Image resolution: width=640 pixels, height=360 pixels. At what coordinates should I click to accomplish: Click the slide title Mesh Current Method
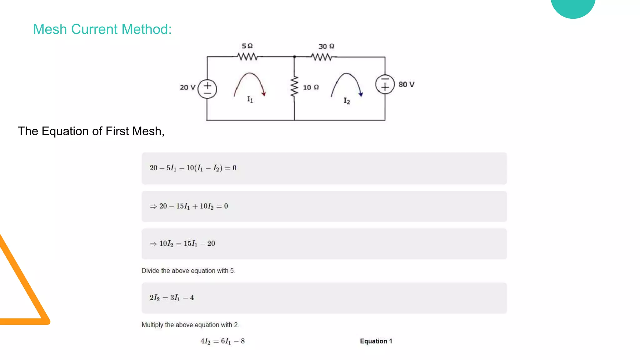tap(102, 29)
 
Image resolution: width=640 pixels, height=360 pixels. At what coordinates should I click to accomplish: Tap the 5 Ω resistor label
tap(247, 46)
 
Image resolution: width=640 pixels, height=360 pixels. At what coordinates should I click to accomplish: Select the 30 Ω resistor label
tap(326, 47)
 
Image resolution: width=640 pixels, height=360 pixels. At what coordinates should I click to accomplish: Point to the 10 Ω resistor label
tap(311, 87)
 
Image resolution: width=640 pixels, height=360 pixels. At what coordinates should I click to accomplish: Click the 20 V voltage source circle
tap(207, 89)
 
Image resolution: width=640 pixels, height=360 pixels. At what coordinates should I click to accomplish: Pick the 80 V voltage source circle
tap(385, 84)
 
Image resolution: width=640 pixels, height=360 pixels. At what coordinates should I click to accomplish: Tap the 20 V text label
tap(187, 87)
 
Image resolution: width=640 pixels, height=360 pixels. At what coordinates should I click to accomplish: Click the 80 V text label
tap(406, 85)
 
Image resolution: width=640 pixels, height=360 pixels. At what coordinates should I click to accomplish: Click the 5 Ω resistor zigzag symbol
tap(247, 57)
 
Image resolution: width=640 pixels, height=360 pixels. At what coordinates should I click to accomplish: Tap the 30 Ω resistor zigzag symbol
tap(321, 57)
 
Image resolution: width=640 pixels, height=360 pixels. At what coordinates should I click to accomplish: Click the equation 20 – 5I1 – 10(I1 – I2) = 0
tap(193, 168)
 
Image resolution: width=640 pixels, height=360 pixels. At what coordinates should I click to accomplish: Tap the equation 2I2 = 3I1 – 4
tap(172, 298)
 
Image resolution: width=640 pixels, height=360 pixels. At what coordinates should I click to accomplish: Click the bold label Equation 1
tap(376, 341)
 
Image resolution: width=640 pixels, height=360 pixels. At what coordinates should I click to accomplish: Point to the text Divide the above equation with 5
tap(188, 271)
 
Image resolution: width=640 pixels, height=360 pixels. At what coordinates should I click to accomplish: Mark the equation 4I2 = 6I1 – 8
tap(222, 341)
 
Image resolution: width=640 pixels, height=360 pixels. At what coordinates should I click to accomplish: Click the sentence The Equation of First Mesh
tap(91, 131)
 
